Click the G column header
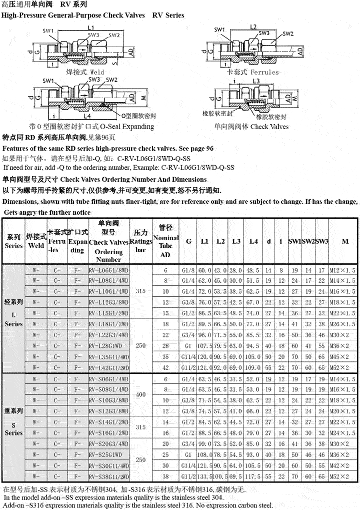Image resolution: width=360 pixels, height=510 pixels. (188, 241)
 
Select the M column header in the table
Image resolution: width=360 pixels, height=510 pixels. (345, 241)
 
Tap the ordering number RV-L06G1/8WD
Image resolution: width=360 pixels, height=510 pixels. (108, 270)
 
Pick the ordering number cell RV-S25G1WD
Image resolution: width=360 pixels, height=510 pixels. (108, 455)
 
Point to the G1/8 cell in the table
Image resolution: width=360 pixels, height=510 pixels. (188, 270)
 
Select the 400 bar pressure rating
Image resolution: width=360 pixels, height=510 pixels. (141, 394)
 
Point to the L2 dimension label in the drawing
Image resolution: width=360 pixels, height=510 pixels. (253, 27)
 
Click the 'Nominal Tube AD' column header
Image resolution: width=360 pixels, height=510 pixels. (165, 241)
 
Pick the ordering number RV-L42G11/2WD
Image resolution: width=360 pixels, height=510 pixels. (108, 368)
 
